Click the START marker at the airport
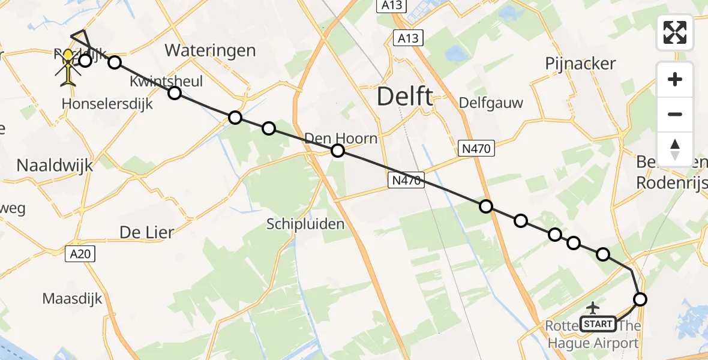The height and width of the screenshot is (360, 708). pos(598,324)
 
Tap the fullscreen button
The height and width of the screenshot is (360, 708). pos(675,32)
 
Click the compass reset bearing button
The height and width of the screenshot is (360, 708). pos(675,149)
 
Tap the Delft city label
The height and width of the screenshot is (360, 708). pos(405,96)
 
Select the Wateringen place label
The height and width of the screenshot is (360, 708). pos(211,50)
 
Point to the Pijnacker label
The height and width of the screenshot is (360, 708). pos(581,64)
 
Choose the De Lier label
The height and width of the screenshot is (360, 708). pos(147,232)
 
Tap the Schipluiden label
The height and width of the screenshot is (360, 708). pos(306,224)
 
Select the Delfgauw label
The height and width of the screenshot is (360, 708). pos(491,103)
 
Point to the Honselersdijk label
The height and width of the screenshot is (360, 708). pos(107,104)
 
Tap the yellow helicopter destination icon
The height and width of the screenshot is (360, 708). pos(70,65)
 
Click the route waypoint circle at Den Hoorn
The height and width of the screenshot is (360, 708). pos(338,151)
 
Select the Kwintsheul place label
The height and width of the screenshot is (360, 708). pos(166,81)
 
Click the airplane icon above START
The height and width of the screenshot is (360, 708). pos(593,308)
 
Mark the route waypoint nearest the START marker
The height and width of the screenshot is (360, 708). pos(640,299)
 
